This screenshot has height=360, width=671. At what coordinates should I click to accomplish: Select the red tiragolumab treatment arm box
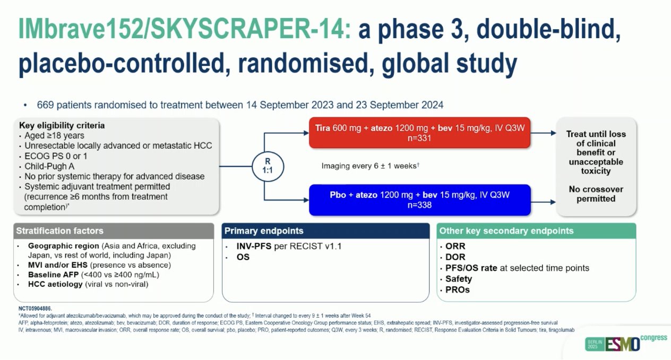(419, 133)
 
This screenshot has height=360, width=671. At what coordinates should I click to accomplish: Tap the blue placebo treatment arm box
(419, 200)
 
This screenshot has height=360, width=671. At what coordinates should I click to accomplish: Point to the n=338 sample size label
(419, 205)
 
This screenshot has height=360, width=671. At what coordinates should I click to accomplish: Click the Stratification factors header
(59, 231)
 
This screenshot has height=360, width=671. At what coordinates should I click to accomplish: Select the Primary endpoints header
(264, 231)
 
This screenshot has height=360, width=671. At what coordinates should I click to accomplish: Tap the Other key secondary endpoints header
(506, 231)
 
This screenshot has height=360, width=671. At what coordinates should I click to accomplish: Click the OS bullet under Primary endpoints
(244, 257)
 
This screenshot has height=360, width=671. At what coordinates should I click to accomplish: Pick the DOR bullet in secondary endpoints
(454, 257)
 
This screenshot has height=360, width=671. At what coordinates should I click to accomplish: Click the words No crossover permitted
(595, 194)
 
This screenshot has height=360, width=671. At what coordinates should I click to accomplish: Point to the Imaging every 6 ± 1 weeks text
(371, 166)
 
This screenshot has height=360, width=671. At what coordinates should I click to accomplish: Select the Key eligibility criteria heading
(62, 126)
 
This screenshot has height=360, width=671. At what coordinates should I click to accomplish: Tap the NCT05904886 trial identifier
(35, 308)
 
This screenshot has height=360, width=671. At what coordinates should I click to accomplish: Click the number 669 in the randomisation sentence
(45, 105)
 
